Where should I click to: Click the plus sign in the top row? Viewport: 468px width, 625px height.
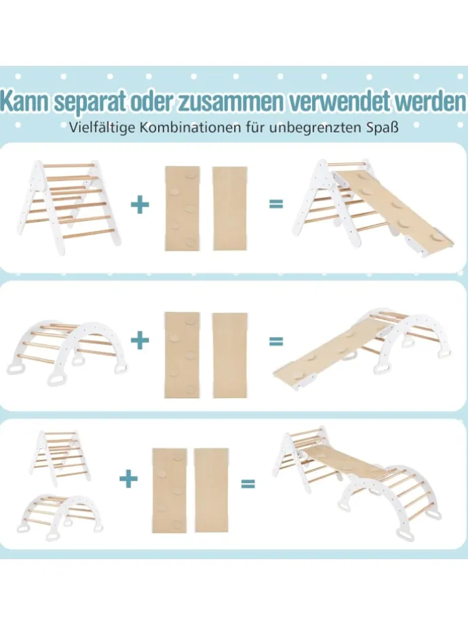click(140, 204)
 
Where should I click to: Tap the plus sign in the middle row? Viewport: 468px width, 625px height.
click(140, 341)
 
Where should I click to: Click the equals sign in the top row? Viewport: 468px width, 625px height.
click(276, 204)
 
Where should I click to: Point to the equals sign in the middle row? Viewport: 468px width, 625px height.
click(276, 342)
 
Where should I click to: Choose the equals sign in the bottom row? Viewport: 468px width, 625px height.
click(248, 484)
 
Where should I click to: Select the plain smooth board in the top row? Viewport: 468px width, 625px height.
click(230, 209)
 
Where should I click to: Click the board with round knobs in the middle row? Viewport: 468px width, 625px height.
click(182, 355)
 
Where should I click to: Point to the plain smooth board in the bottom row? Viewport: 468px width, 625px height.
click(211, 490)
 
